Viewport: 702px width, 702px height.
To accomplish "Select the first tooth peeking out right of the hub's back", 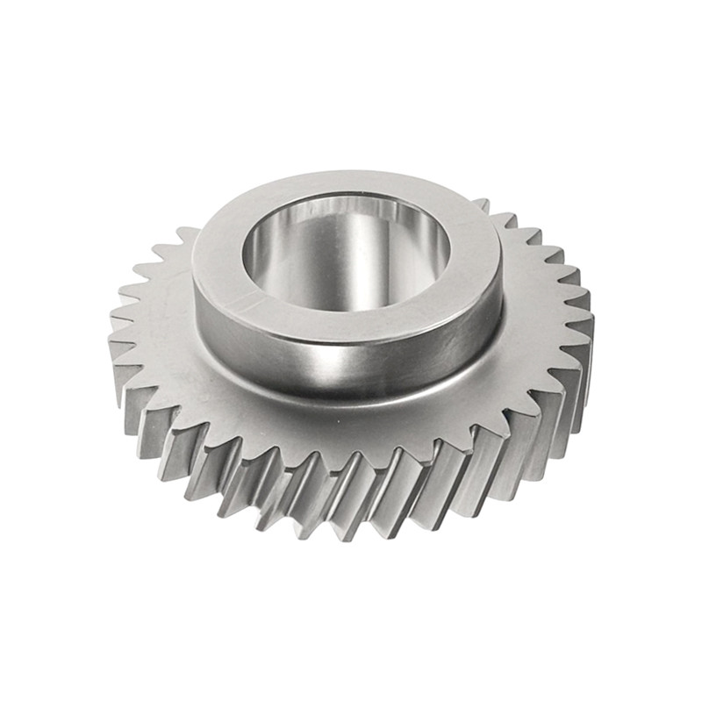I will tap(482, 204).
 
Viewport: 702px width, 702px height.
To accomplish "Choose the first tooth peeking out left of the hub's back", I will tap(186, 232).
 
